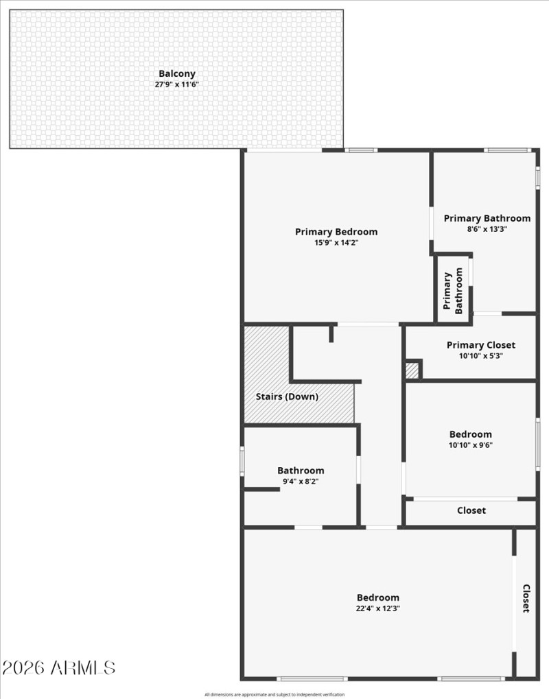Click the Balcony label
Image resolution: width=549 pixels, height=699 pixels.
tap(177, 73)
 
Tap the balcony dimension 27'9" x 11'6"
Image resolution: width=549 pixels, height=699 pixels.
tap(177, 85)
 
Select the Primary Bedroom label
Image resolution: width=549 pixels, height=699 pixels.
tap(336, 232)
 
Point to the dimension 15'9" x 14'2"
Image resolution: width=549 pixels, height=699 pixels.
tap(336, 243)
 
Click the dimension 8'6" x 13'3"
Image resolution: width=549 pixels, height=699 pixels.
tap(487, 229)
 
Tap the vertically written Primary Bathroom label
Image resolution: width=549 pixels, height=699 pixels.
tap(454, 290)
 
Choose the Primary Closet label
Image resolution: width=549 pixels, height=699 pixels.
tap(480, 345)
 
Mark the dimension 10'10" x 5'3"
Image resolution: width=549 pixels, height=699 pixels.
tap(480, 356)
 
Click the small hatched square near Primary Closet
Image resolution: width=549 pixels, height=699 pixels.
tap(412, 370)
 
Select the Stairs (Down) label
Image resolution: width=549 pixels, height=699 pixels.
tap(287, 396)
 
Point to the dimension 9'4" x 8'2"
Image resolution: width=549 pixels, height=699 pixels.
tap(301, 482)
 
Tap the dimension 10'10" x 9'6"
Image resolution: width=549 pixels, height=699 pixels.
tap(471, 445)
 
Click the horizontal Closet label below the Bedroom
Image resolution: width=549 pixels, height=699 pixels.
tap(471, 510)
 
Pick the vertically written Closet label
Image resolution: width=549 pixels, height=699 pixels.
tap(526, 598)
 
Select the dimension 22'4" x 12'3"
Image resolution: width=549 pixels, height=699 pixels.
tap(377, 608)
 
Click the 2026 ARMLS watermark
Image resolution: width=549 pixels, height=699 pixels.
tap(59, 667)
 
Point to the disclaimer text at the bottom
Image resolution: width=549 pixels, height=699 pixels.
tap(274, 694)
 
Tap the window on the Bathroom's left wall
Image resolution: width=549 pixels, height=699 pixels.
tap(242, 461)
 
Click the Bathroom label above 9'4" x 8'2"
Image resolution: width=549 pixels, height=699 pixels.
tap(301, 471)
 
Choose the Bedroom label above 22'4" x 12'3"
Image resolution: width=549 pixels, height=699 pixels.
tap(377, 597)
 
